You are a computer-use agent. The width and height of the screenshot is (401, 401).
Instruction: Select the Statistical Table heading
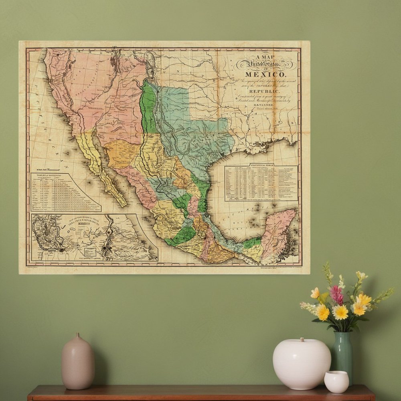point(261,165)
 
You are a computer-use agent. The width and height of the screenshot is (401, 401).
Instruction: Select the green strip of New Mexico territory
point(149,108)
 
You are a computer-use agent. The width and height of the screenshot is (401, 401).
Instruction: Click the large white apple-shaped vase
point(302,363)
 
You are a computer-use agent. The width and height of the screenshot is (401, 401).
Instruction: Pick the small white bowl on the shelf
point(336,381)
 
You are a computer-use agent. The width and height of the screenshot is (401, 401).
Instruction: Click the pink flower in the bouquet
point(336,294)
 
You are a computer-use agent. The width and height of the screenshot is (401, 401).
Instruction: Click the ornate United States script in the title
point(265,63)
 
